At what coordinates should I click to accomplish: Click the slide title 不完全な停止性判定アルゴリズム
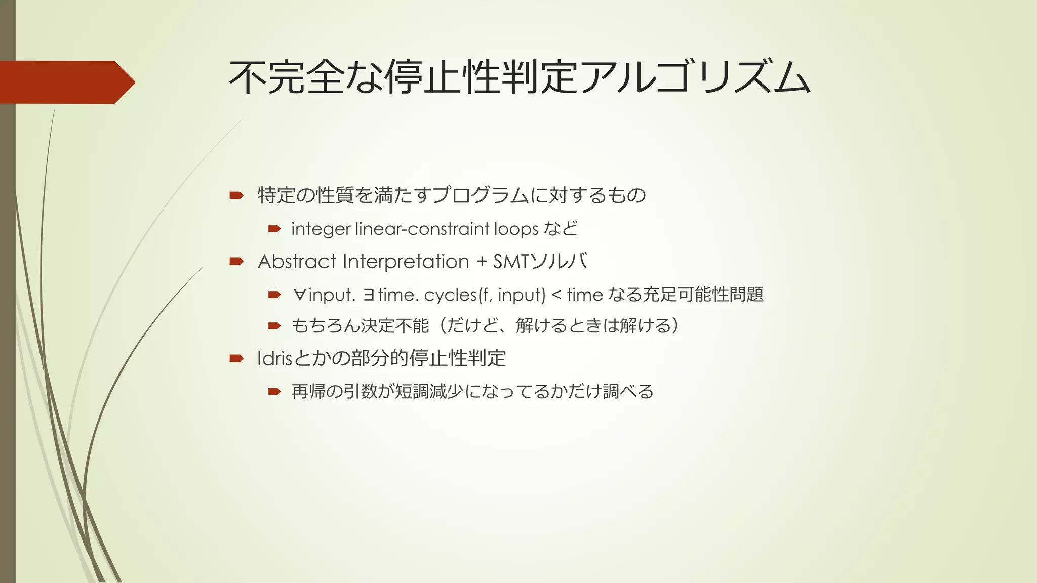point(520,78)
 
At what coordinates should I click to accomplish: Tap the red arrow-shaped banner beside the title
point(66,82)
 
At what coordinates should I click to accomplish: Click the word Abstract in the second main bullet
point(297,262)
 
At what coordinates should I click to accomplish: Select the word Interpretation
point(406,262)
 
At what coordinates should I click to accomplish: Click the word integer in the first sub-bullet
point(321,229)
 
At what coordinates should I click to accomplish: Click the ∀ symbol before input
point(299,295)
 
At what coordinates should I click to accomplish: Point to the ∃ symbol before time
point(369,295)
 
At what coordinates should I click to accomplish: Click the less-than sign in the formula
point(556,295)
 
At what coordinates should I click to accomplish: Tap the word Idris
point(275,359)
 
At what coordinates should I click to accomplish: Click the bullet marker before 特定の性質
point(236,195)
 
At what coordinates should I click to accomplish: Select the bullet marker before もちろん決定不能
point(274,326)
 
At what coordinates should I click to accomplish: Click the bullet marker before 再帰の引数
point(274,391)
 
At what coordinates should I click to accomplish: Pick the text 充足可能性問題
point(703,295)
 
